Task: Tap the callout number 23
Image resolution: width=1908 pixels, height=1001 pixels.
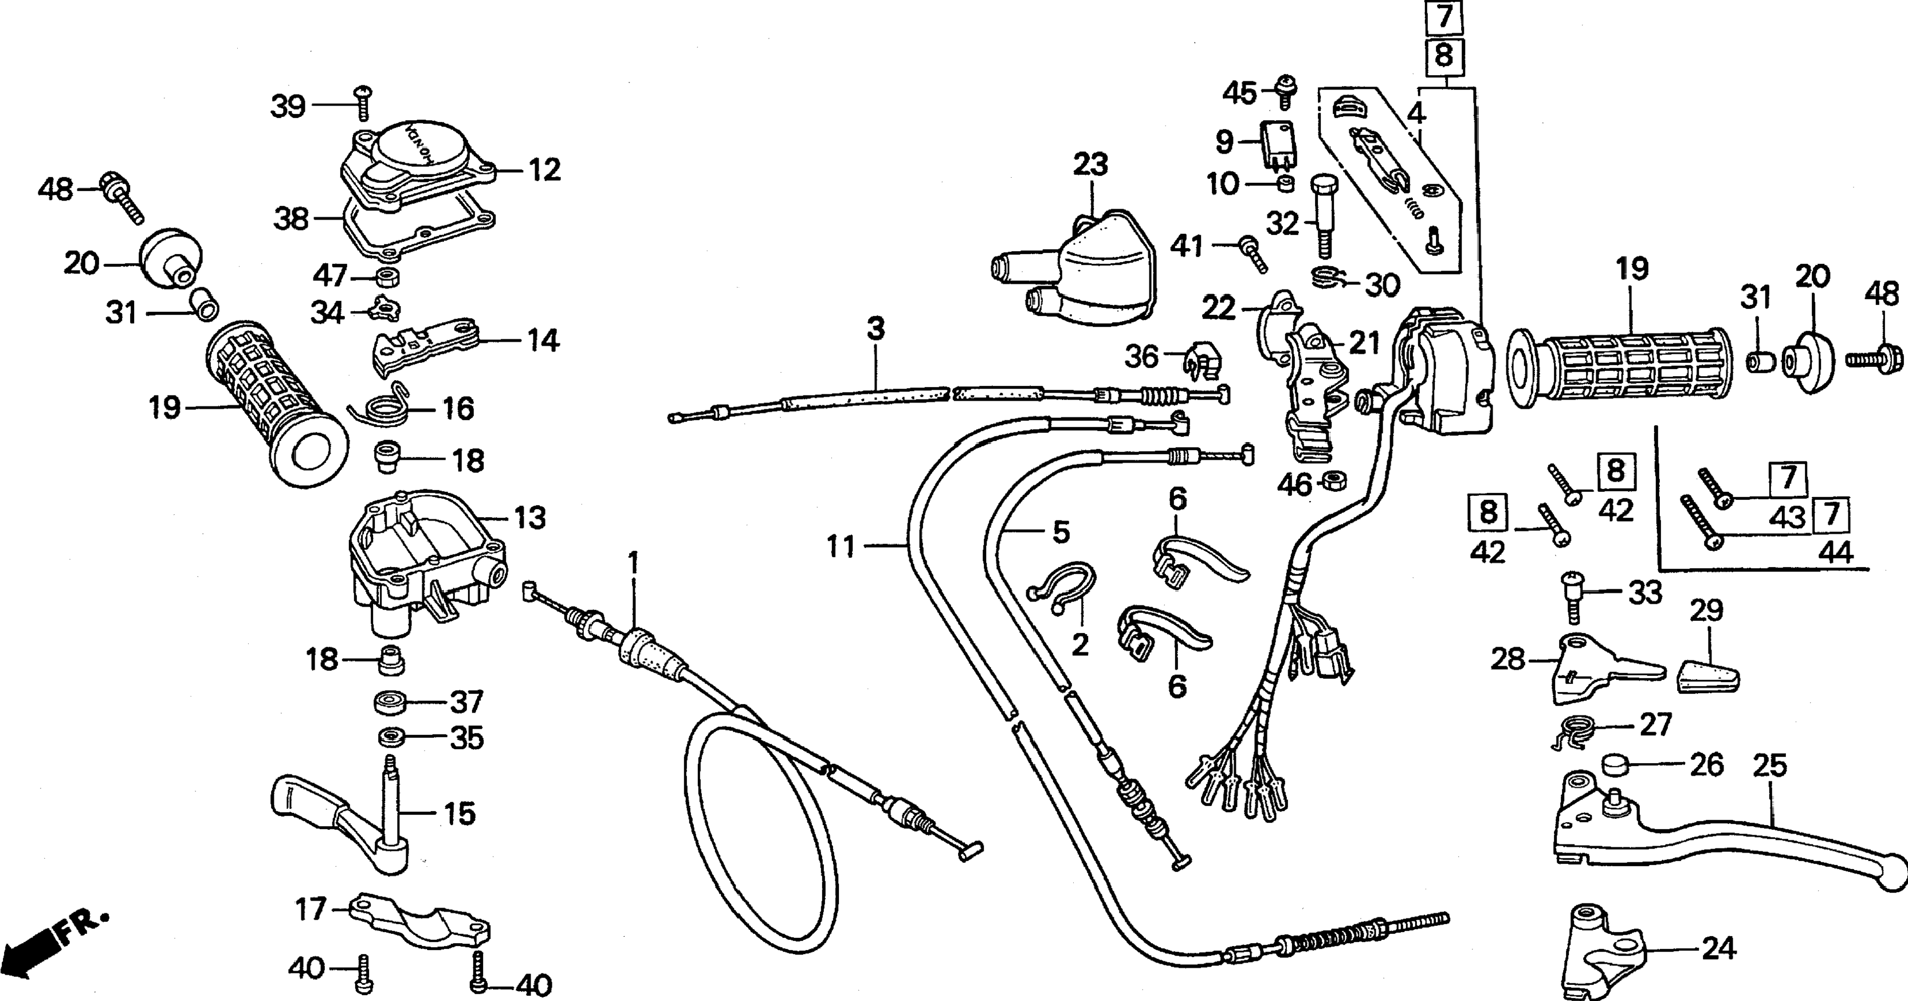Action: click(1090, 165)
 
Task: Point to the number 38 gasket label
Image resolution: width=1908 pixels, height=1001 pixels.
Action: click(291, 220)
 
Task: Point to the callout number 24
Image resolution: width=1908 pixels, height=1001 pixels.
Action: click(1718, 948)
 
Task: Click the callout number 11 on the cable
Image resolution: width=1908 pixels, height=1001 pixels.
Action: click(841, 547)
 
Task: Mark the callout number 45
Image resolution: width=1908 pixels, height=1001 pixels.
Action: click(1240, 93)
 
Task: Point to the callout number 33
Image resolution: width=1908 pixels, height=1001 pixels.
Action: click(1644, 593)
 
